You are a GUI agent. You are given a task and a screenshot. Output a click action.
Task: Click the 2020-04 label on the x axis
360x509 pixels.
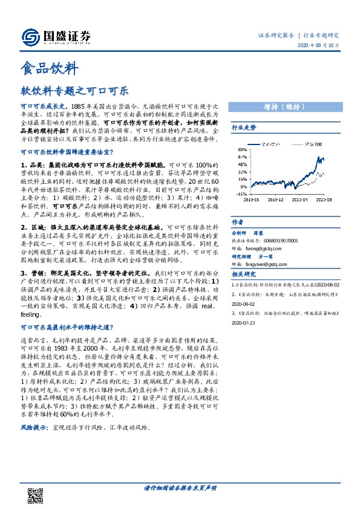pyautogui.click(x=301, y=198)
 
